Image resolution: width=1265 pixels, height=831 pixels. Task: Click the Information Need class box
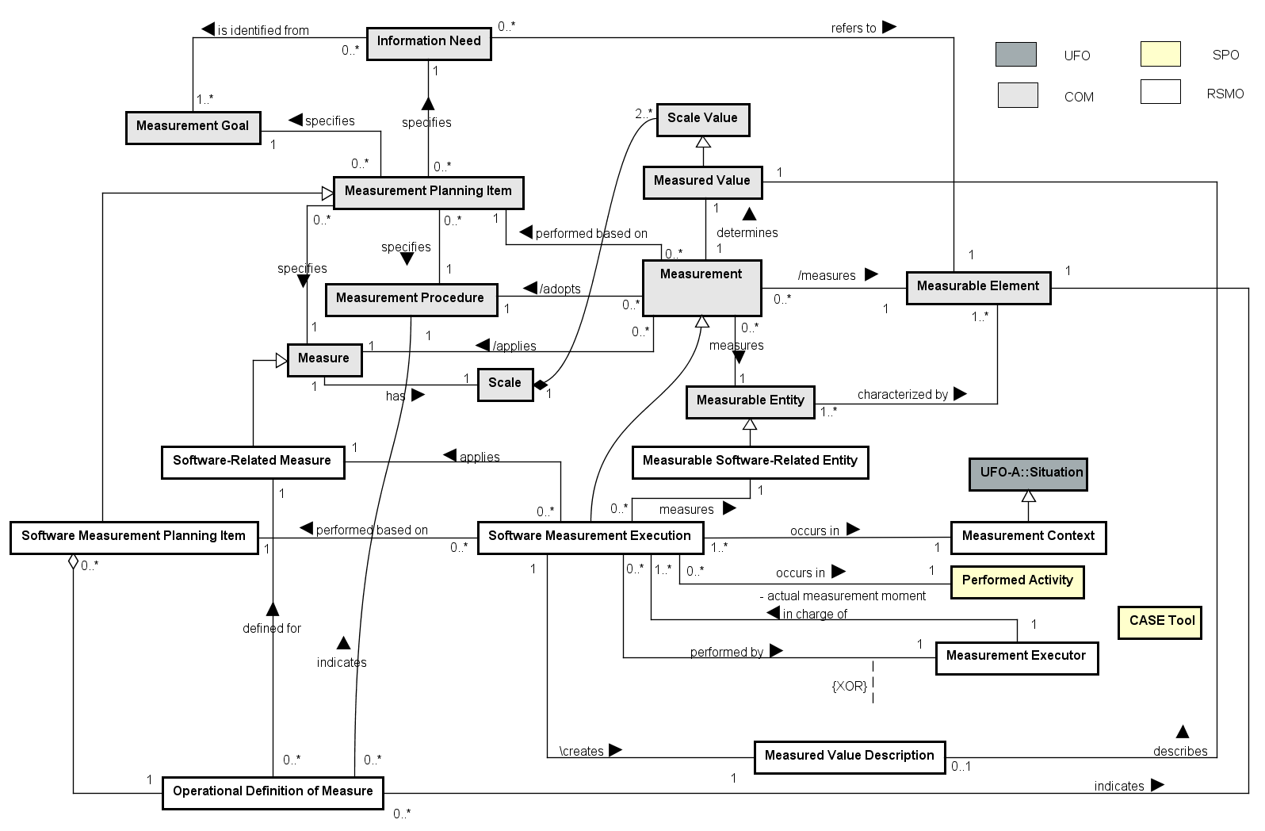pos(429,43)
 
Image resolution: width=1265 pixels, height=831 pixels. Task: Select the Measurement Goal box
pos(193,127)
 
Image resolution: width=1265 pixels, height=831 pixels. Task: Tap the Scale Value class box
pos(702,119)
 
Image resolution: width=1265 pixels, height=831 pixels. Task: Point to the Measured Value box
pos(701,182)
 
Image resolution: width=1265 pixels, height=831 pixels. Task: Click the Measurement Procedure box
pos(411,299)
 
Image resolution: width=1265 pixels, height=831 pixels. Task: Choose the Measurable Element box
pos(978,287)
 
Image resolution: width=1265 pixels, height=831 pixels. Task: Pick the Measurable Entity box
pos(750,401)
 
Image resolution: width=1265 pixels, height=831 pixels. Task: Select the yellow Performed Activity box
pos(1017,581)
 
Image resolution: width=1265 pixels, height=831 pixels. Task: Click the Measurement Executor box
pos(1016,657)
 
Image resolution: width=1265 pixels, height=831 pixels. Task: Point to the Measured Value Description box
pos(849,756)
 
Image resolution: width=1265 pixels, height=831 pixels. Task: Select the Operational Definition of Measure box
pos(273,792)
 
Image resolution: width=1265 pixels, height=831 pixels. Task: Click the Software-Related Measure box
pos(252,461)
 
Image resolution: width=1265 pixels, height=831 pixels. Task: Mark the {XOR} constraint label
pos(849,686)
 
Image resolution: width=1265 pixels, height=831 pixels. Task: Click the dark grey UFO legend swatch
pos(1015,54)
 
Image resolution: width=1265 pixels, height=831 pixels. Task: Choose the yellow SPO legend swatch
pos(1160,54)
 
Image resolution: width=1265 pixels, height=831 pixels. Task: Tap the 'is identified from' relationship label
pos(263,30)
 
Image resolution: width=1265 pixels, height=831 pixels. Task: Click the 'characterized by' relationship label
pos(903,394)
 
